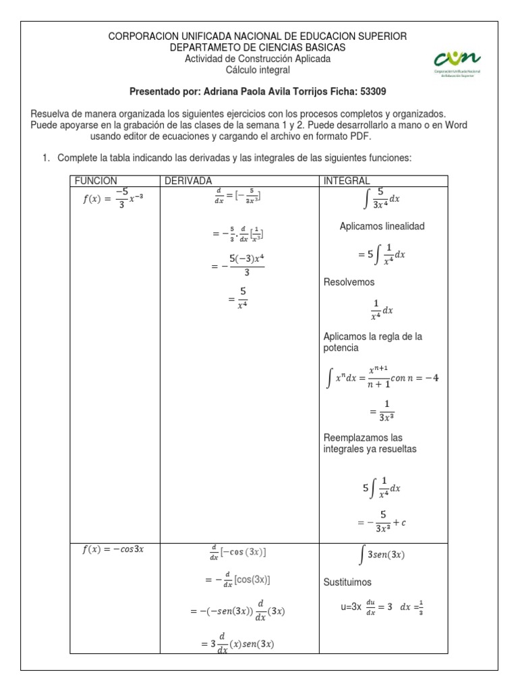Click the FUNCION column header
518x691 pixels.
(96, 181)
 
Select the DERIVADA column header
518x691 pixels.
(185, 181)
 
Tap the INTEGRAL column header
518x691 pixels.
(347, 181)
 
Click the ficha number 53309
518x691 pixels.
(372, 91)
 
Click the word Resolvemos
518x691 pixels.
(349, 282)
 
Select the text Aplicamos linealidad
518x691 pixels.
(382, 226)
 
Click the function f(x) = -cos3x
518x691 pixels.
(113, 549)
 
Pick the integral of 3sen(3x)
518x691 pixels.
(382, 555)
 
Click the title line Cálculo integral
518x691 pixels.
(258, 70)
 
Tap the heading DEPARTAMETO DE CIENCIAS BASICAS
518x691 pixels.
(258, 47)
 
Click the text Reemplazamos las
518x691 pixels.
(363, 437)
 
